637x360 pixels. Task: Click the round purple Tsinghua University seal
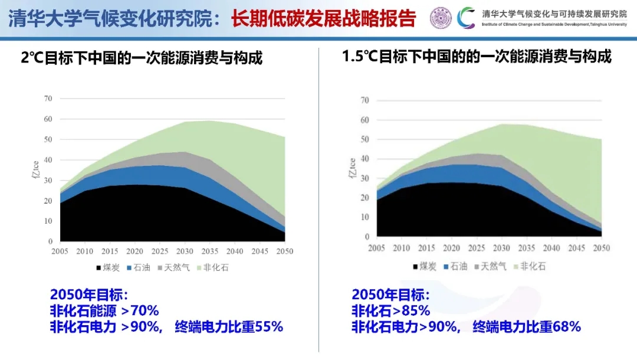pos(441,18)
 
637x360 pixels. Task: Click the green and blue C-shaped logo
pos(466,18)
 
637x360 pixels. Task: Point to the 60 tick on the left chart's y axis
pos(48,119)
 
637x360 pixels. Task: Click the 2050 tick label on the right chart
pos(601,248)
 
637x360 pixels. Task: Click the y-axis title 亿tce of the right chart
pos(353,168)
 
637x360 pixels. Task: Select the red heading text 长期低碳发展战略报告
pos(323,18)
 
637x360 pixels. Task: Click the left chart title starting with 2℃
pos(142,58)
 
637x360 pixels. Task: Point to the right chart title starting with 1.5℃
pos(477,57)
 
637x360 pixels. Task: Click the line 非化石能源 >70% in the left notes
pos(104,310)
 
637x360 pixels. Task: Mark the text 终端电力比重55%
pos(229,326)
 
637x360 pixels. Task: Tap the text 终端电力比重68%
pos(527,326)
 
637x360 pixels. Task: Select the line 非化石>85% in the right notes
pos(390,310)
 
